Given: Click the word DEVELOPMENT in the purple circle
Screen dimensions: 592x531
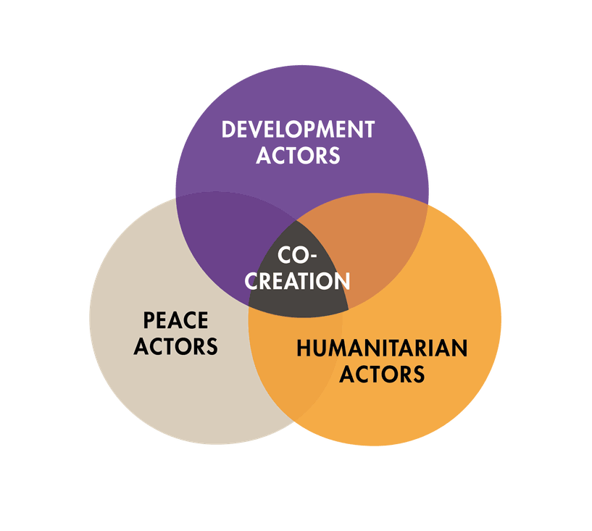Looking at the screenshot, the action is coord(298,130).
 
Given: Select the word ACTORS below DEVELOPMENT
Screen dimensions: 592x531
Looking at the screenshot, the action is coord(298,156).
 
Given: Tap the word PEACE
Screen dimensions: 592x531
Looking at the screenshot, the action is coord(175,320).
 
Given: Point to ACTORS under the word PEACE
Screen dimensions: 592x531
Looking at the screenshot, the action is coord(175,346).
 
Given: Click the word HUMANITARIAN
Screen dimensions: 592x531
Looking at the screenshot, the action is coord(382,348).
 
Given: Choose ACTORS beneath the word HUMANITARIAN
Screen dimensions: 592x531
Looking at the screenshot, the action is coord(382,375).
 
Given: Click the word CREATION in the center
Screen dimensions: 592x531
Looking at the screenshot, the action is coord(298,281).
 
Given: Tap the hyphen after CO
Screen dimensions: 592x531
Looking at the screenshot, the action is coord(312,256).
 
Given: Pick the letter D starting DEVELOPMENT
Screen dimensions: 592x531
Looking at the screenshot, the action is coord(228,130).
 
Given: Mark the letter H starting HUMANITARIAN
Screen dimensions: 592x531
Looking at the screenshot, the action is coord(304,348).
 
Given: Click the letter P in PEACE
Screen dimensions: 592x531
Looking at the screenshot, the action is coord(149,320).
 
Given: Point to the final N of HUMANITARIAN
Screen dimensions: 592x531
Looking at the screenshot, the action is coord(460,348).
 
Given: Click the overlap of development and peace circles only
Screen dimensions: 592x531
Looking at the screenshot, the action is coord(222,238).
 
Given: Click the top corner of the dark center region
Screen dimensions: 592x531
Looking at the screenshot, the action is coord(297,219).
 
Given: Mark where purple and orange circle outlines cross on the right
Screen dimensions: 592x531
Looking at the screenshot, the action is coord(427,204).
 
